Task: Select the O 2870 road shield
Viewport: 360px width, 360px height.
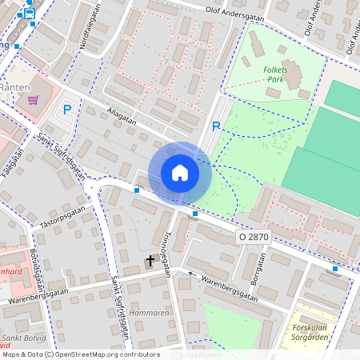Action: coord(254,238)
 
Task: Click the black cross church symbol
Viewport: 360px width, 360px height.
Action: coord(150,261)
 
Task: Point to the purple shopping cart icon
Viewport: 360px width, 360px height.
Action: coord(33,100)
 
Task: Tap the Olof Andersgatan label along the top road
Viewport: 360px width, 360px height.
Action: coord(235,12)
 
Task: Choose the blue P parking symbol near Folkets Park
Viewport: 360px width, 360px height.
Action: coord(215,126)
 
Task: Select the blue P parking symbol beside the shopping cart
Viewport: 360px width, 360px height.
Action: coord(67,110)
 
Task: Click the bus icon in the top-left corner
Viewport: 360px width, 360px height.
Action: coord(30,13)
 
